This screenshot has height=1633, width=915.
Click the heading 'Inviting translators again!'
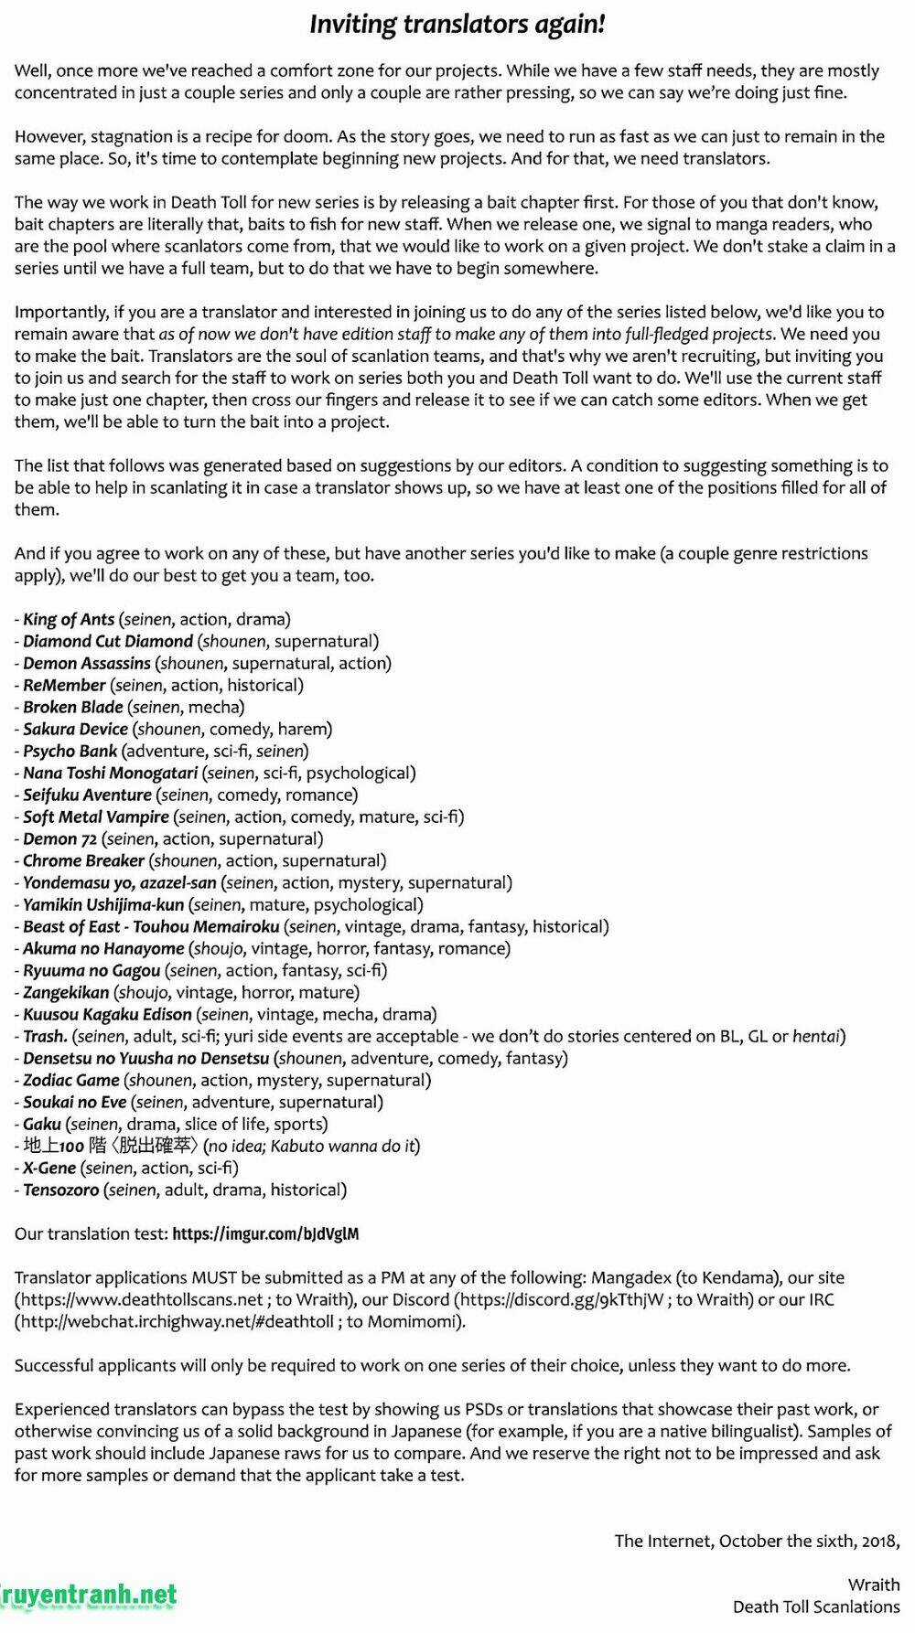[x=457, y=25]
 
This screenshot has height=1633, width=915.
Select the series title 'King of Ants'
[x=69, y=619]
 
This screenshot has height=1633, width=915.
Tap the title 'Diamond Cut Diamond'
[x=108, y=641]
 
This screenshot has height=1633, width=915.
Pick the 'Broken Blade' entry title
[x=73, y=707]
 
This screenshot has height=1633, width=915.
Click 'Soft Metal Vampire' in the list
[x=96, y=816]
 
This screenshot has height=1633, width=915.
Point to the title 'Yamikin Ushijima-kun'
[x=103, y=904]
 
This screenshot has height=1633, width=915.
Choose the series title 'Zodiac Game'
[x=71, y=1080]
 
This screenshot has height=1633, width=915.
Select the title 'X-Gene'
[x=49, y=1168]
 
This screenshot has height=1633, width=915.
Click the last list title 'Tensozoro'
[x=60, y=1190]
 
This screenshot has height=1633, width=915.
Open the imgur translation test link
[x=265, y=1233]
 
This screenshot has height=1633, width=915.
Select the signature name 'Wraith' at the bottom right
[x=874, y=1585]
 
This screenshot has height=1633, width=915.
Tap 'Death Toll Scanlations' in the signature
[x=816, y=1606]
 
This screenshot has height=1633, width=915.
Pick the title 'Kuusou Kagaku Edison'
[x=107, y=1014]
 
